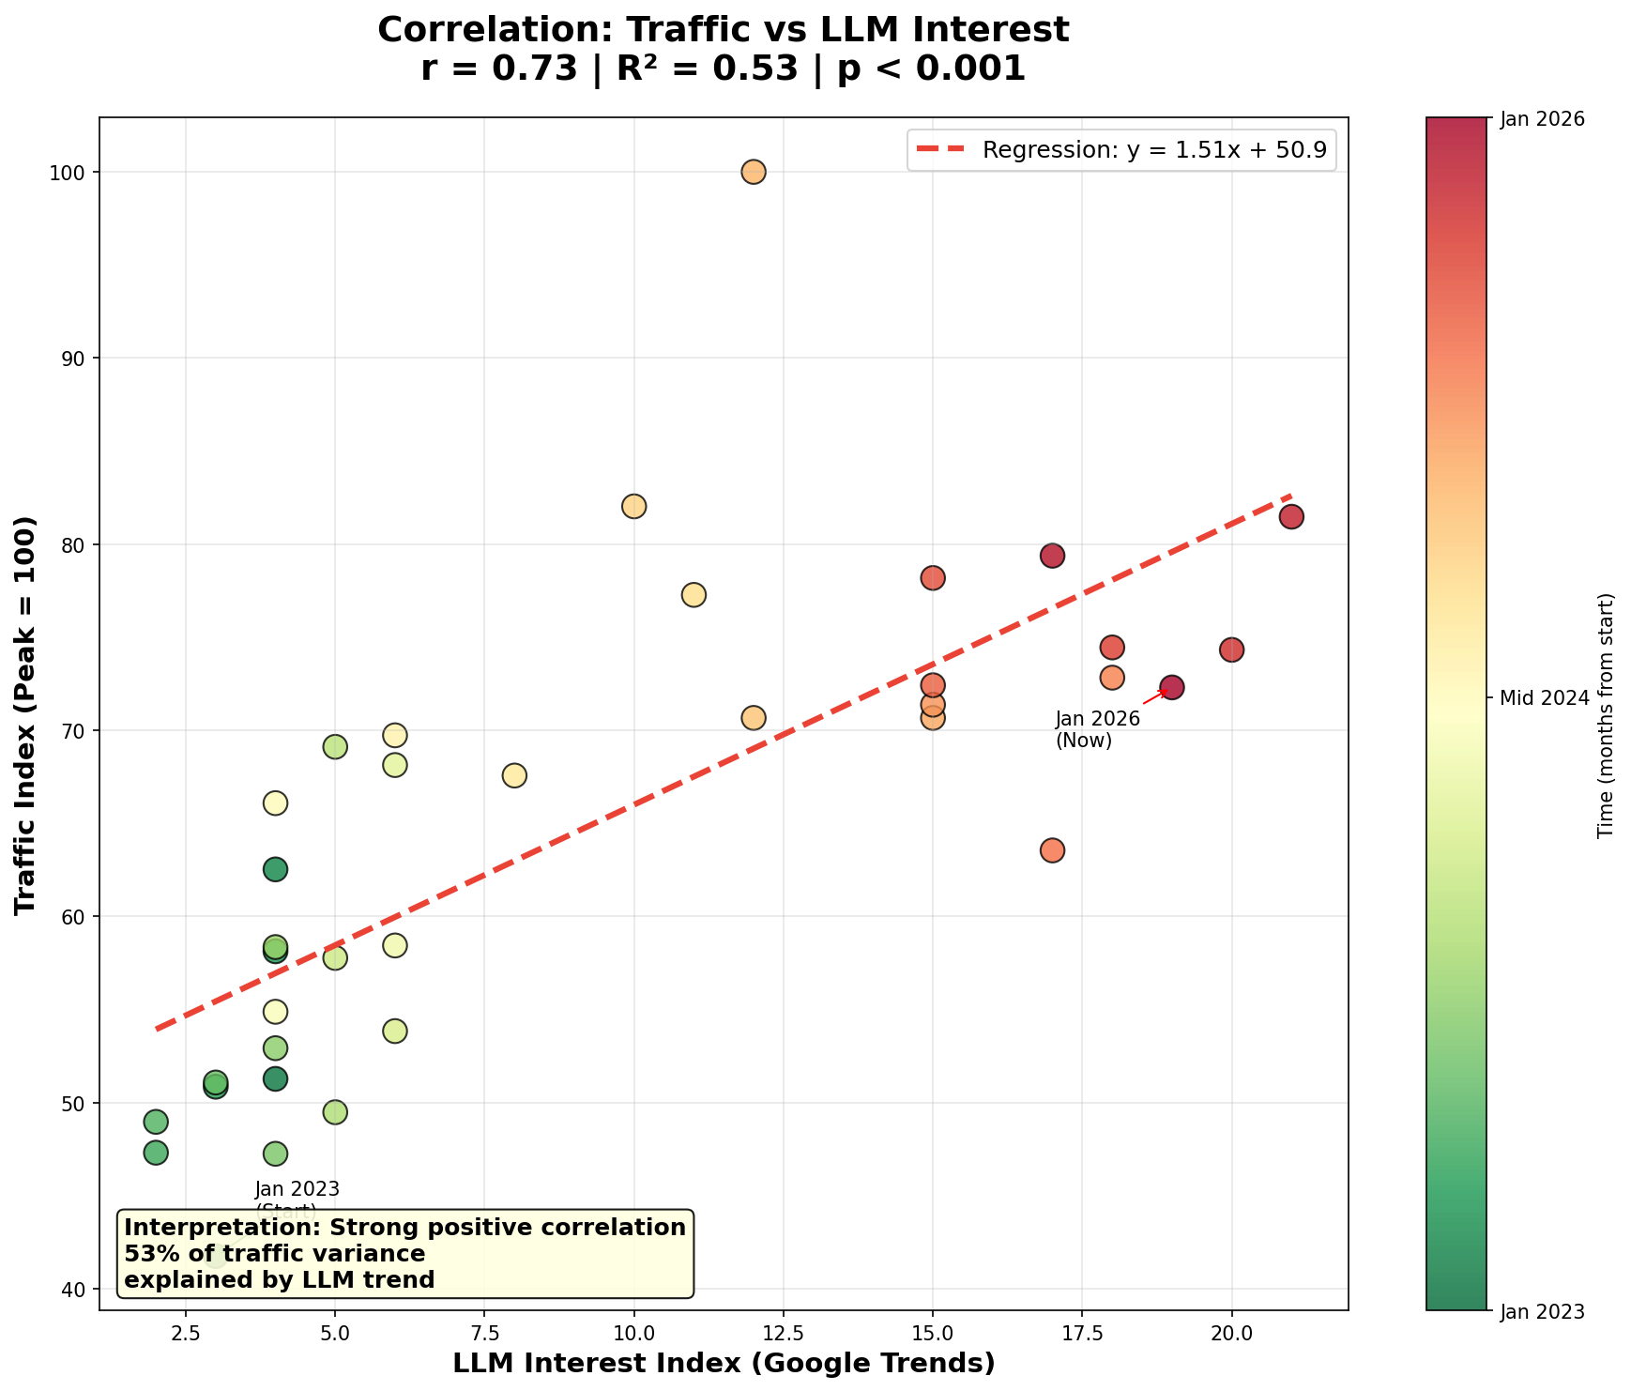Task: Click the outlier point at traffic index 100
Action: (x=753, y=172)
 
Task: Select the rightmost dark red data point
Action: (x=1291, y=516)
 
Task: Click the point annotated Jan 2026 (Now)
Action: (x=1171, y=687)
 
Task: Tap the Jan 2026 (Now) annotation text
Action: (x=1096, y=729)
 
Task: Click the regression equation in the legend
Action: (x=1153, y=150)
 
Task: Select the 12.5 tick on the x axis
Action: (x=783, y=1332)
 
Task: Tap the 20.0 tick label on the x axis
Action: (x=1231, y=1332)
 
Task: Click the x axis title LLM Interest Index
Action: (x=723, y=1364)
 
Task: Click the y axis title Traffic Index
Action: (x=26, y=713)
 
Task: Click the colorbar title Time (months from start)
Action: (x=1606, y=713)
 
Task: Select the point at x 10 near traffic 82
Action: (x=633, y=506)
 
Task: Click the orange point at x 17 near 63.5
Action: (x=1052, y=850)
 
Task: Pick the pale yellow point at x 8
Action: (x=514, y=775)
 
